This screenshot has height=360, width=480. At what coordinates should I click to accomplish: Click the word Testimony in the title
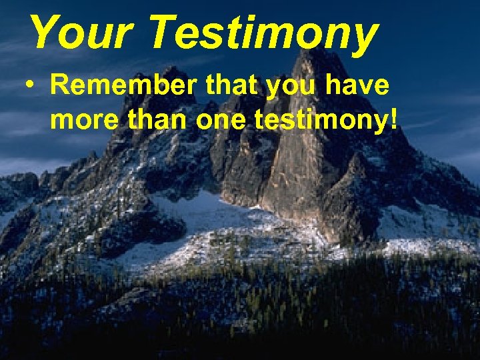(263, 33)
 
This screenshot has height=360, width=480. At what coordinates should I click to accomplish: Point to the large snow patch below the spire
(200, 213)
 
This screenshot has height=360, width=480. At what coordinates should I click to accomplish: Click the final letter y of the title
(363, 38)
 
